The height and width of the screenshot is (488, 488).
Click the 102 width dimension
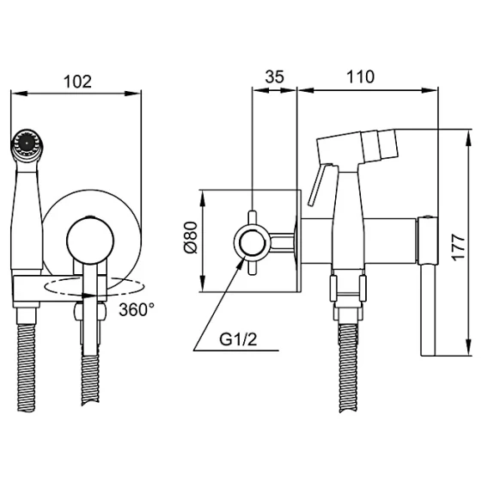[77, 82]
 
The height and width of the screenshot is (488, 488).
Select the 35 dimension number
[275, 76]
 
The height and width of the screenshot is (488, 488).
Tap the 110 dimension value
[360, 76]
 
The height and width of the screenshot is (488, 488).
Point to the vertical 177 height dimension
[458, 247]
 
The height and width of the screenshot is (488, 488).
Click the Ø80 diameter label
[191, 237]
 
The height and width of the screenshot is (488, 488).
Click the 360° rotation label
[137, 309]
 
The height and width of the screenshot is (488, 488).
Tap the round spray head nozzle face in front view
[27, 143]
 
